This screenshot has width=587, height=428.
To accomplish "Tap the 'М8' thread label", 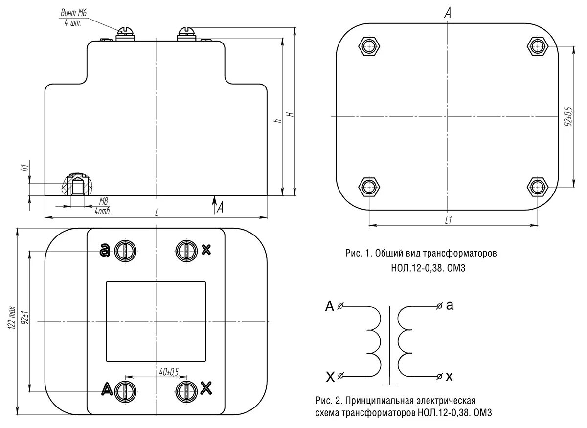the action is [x=103, y=201].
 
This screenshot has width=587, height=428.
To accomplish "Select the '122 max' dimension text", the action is [x=12, y=320].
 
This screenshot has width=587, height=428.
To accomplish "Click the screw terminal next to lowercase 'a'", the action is [x=125, y=251].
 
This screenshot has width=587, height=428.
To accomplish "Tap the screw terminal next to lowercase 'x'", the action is [x=186, y=250].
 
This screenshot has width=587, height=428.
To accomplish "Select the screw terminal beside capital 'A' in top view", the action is [x=125, y=390].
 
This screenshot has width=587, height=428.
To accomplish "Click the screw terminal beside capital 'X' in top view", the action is [x=186, y=390].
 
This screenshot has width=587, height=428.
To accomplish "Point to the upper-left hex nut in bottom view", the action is [x=368, y=46].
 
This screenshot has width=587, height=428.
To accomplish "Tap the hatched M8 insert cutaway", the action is [x=77, y=185].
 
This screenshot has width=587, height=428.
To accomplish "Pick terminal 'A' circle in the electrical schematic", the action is [x=341, y=307].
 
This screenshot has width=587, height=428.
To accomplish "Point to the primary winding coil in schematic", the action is [x=375, y=340].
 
